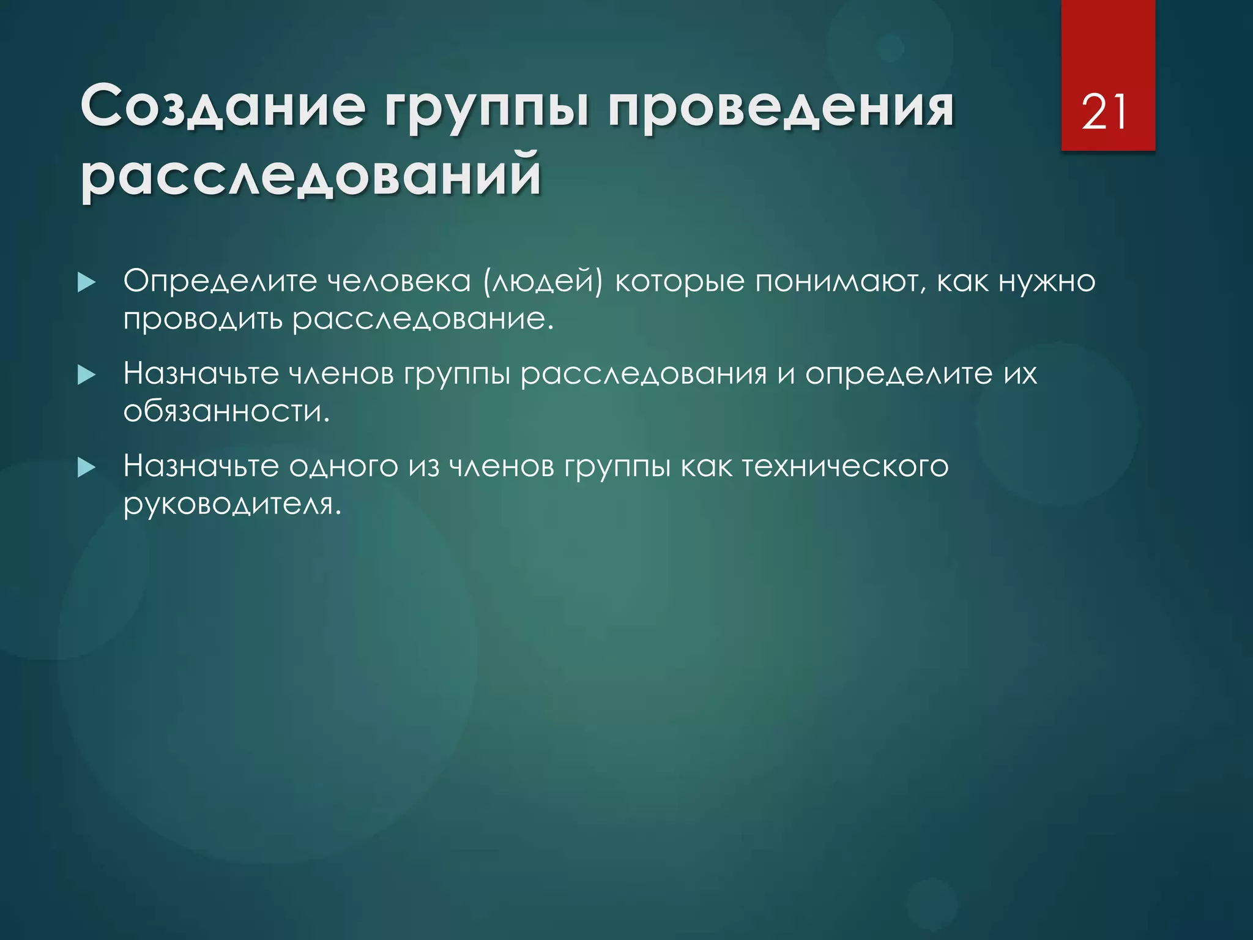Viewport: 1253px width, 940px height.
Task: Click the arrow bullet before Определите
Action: (87, 282)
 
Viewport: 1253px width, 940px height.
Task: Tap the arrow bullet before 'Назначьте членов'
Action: (87, 375)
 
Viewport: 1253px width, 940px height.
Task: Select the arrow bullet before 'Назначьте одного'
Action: (87, 468)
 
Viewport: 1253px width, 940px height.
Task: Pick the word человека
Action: (398, 281)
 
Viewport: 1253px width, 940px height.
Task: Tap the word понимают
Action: (836, 282)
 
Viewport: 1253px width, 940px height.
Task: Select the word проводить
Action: (203, 320)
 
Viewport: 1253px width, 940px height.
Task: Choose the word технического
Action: (845, 466)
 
